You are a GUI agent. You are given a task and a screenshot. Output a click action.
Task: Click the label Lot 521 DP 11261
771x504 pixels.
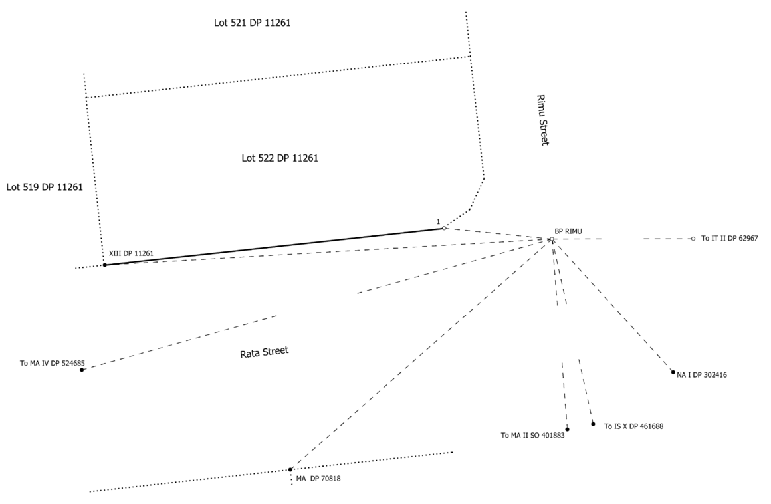252,23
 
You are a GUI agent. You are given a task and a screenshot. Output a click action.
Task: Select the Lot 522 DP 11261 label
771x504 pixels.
280,158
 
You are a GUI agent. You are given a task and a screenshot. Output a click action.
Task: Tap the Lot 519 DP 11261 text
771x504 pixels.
45,188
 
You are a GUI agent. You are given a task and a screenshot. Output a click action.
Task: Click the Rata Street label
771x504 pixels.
265,352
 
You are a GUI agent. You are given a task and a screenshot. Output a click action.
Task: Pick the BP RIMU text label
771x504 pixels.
568,231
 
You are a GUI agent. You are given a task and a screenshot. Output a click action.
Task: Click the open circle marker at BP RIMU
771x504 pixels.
552,239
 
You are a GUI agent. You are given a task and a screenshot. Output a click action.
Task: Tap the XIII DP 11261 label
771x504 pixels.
131,253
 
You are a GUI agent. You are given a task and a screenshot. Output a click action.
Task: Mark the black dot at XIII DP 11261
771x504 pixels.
105,265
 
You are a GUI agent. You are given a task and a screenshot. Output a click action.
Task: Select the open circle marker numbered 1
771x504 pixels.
445,228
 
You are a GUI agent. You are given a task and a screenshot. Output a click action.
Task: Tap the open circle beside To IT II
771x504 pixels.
693,238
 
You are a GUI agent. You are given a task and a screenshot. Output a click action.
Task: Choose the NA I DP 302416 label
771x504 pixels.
702,375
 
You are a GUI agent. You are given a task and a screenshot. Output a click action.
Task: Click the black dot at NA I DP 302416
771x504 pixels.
673,372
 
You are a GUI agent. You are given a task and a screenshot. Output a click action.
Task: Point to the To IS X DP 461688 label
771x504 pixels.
633,426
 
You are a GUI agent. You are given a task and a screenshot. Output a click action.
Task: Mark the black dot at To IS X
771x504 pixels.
593,424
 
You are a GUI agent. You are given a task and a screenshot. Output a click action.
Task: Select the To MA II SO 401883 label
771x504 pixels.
532,436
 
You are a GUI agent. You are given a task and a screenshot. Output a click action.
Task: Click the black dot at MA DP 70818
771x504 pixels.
290,469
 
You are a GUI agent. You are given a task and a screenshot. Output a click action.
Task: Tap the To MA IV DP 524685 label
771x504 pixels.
52,363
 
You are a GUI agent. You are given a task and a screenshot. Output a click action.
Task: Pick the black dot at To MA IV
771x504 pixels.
82,370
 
